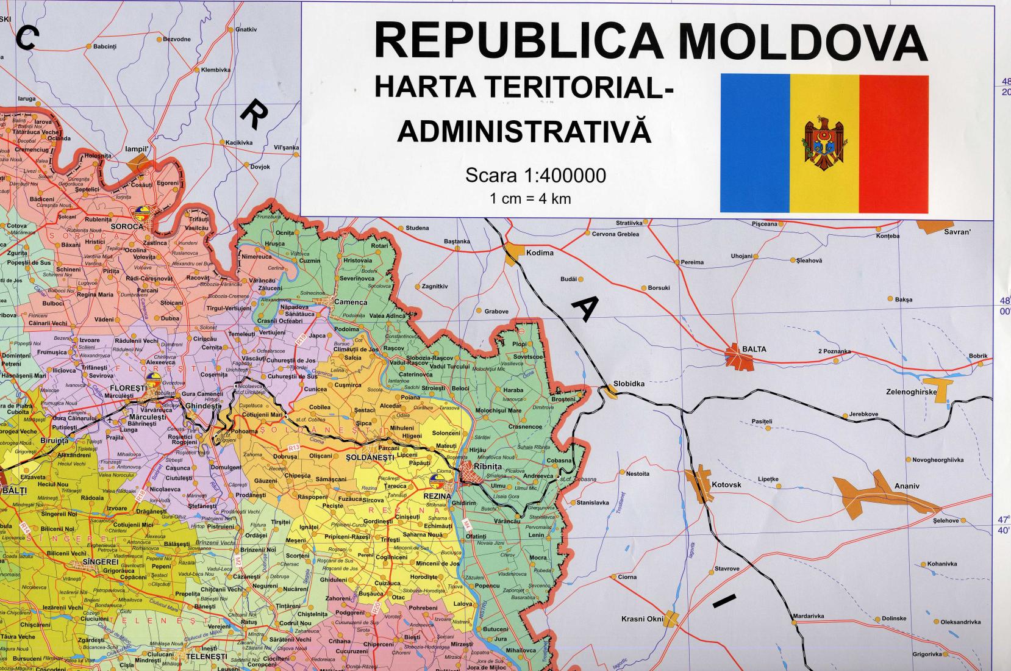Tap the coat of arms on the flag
pos(824,144)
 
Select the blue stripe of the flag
pos(755,144)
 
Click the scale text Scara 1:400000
pos(535,176)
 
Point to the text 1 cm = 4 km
pos(530,198)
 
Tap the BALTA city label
pos(754,349)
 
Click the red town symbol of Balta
pos(739,359)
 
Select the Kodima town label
pos(540,253)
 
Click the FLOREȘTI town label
pos(127,387)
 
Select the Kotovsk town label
pos(726,484)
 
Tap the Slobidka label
pos(629,383)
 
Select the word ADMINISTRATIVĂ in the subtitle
pos(524,132)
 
